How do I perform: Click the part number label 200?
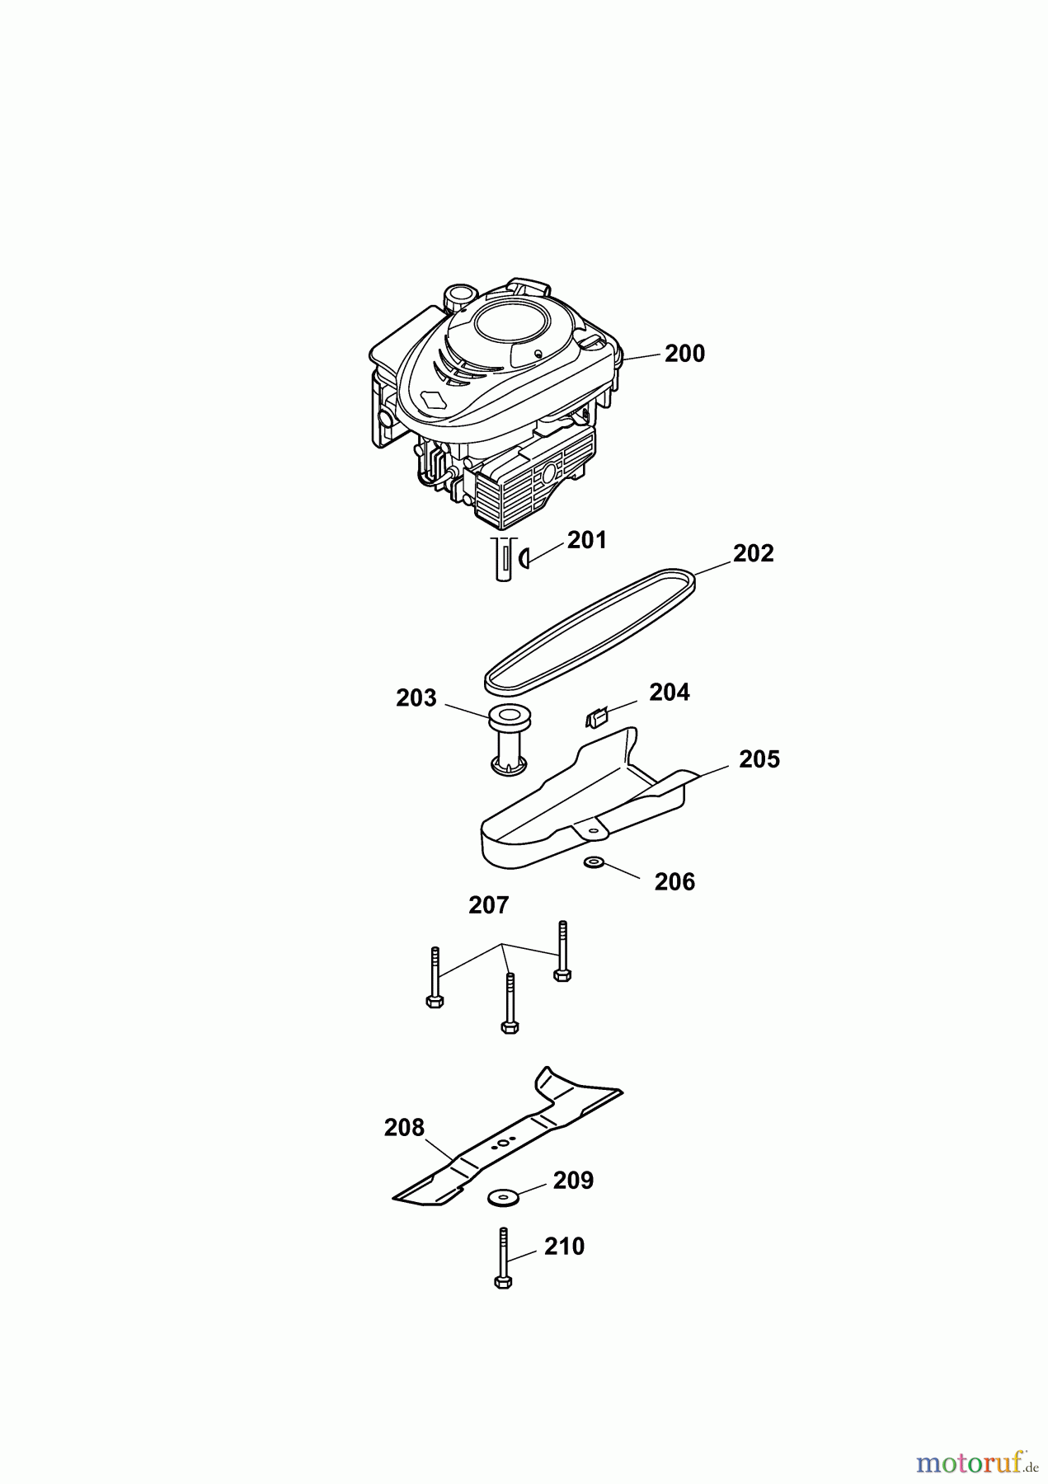pyautogui.click(x=684, y=354)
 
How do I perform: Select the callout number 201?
pyautogui.click(x=586, y=540)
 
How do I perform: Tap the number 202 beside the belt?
pyautogui.click(x=753, y=553)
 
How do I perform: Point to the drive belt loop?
pyautogui.click(x=589, y=627)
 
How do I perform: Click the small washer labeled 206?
pyautogui.click(x=592, y=863)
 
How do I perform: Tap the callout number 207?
pyautogui.click(x=488, y=905)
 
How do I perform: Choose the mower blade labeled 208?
pyautogui.click(x=508, y=1138)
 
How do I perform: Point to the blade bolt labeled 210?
pyautogui.click(x=503, y=1257)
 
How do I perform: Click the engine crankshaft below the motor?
pyautogui.click(x=501, y=558)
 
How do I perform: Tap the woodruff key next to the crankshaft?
pyautogui.click(x=522, y=560)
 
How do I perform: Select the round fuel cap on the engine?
pyautogui.click(x=458, y=294)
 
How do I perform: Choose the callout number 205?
pyautogui.click(x=759, y=759)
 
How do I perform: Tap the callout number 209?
pyautogui.click(x=573, y=1181)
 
